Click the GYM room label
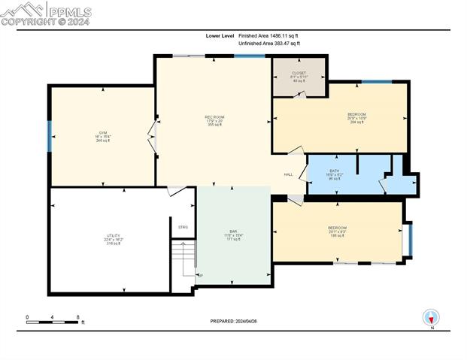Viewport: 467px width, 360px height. pyautogui.click(x=103, y=137)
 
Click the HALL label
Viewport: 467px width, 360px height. pyautogui.click(x=288, y=174)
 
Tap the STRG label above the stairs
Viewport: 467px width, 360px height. pyautogui.click(x=183, y=227)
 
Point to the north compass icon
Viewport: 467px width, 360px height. pyautogui.click(x=431, y=317)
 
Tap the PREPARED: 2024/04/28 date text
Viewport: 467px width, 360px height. pyautogui.click(x=233, y=321)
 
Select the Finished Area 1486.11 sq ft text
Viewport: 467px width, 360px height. pyautogui.click(x=268, y=35)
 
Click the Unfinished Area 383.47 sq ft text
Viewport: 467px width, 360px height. pyautogui.click(x=268, y=44)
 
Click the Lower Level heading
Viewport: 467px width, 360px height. pyautogui.click(x=220, y=35)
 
